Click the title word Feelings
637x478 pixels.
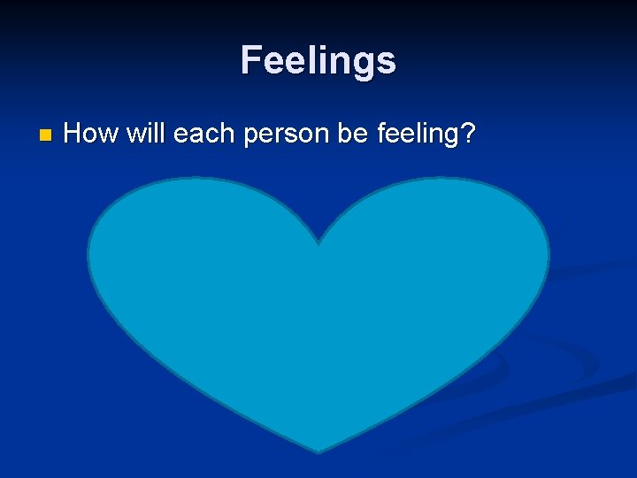318,61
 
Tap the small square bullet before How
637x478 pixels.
46,135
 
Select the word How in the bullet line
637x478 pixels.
92,134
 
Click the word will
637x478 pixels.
146,134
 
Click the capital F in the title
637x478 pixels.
251,61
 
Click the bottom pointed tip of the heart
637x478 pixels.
318,452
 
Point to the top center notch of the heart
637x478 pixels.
318,243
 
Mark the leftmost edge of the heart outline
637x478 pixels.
88,257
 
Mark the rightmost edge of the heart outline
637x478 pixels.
549,257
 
